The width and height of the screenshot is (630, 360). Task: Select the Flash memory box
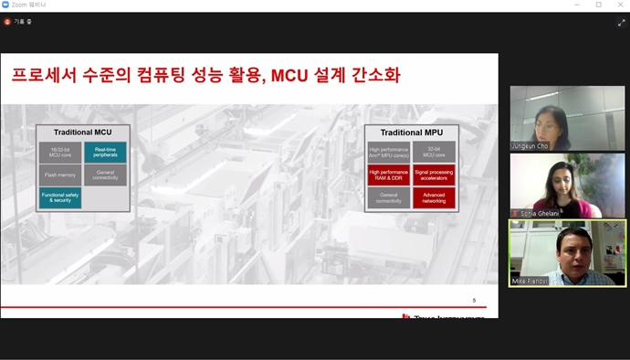click(x=59, y=175)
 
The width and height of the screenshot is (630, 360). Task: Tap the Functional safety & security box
click(x=59, y=196)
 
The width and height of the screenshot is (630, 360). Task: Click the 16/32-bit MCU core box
click(x=59, y=153)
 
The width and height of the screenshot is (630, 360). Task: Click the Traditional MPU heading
click(x=410, y=132)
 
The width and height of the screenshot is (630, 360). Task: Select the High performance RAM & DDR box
click(x=388, y=175)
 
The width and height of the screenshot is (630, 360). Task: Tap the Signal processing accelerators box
click(x=434, y=175)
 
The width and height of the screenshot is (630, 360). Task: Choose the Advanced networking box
click(x=434, y=196)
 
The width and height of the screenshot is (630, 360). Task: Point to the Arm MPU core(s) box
click(x=388, y=152)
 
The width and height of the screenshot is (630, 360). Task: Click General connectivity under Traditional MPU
click(x=388, y=196)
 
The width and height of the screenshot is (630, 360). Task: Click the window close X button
click(x=619, y=5)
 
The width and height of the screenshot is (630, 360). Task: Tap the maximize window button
click(x=599, y=5)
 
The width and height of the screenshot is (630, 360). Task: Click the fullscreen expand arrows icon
click(x=620, y=22)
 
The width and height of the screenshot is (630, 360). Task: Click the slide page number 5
click(x=474, y=300)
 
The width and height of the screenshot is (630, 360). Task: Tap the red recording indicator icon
click(x=8, y=21)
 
